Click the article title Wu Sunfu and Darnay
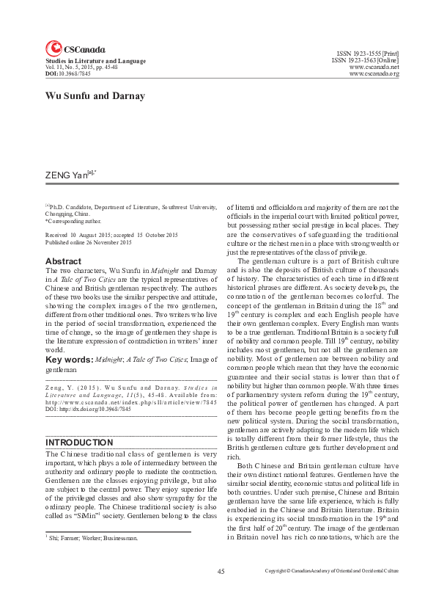coord(85,95)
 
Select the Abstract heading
coord(63,261)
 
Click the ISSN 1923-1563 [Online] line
coord(365,60)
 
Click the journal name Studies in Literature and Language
coord(95,61)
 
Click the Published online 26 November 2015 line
coord(89,242)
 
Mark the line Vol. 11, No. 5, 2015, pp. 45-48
coord(85,68)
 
